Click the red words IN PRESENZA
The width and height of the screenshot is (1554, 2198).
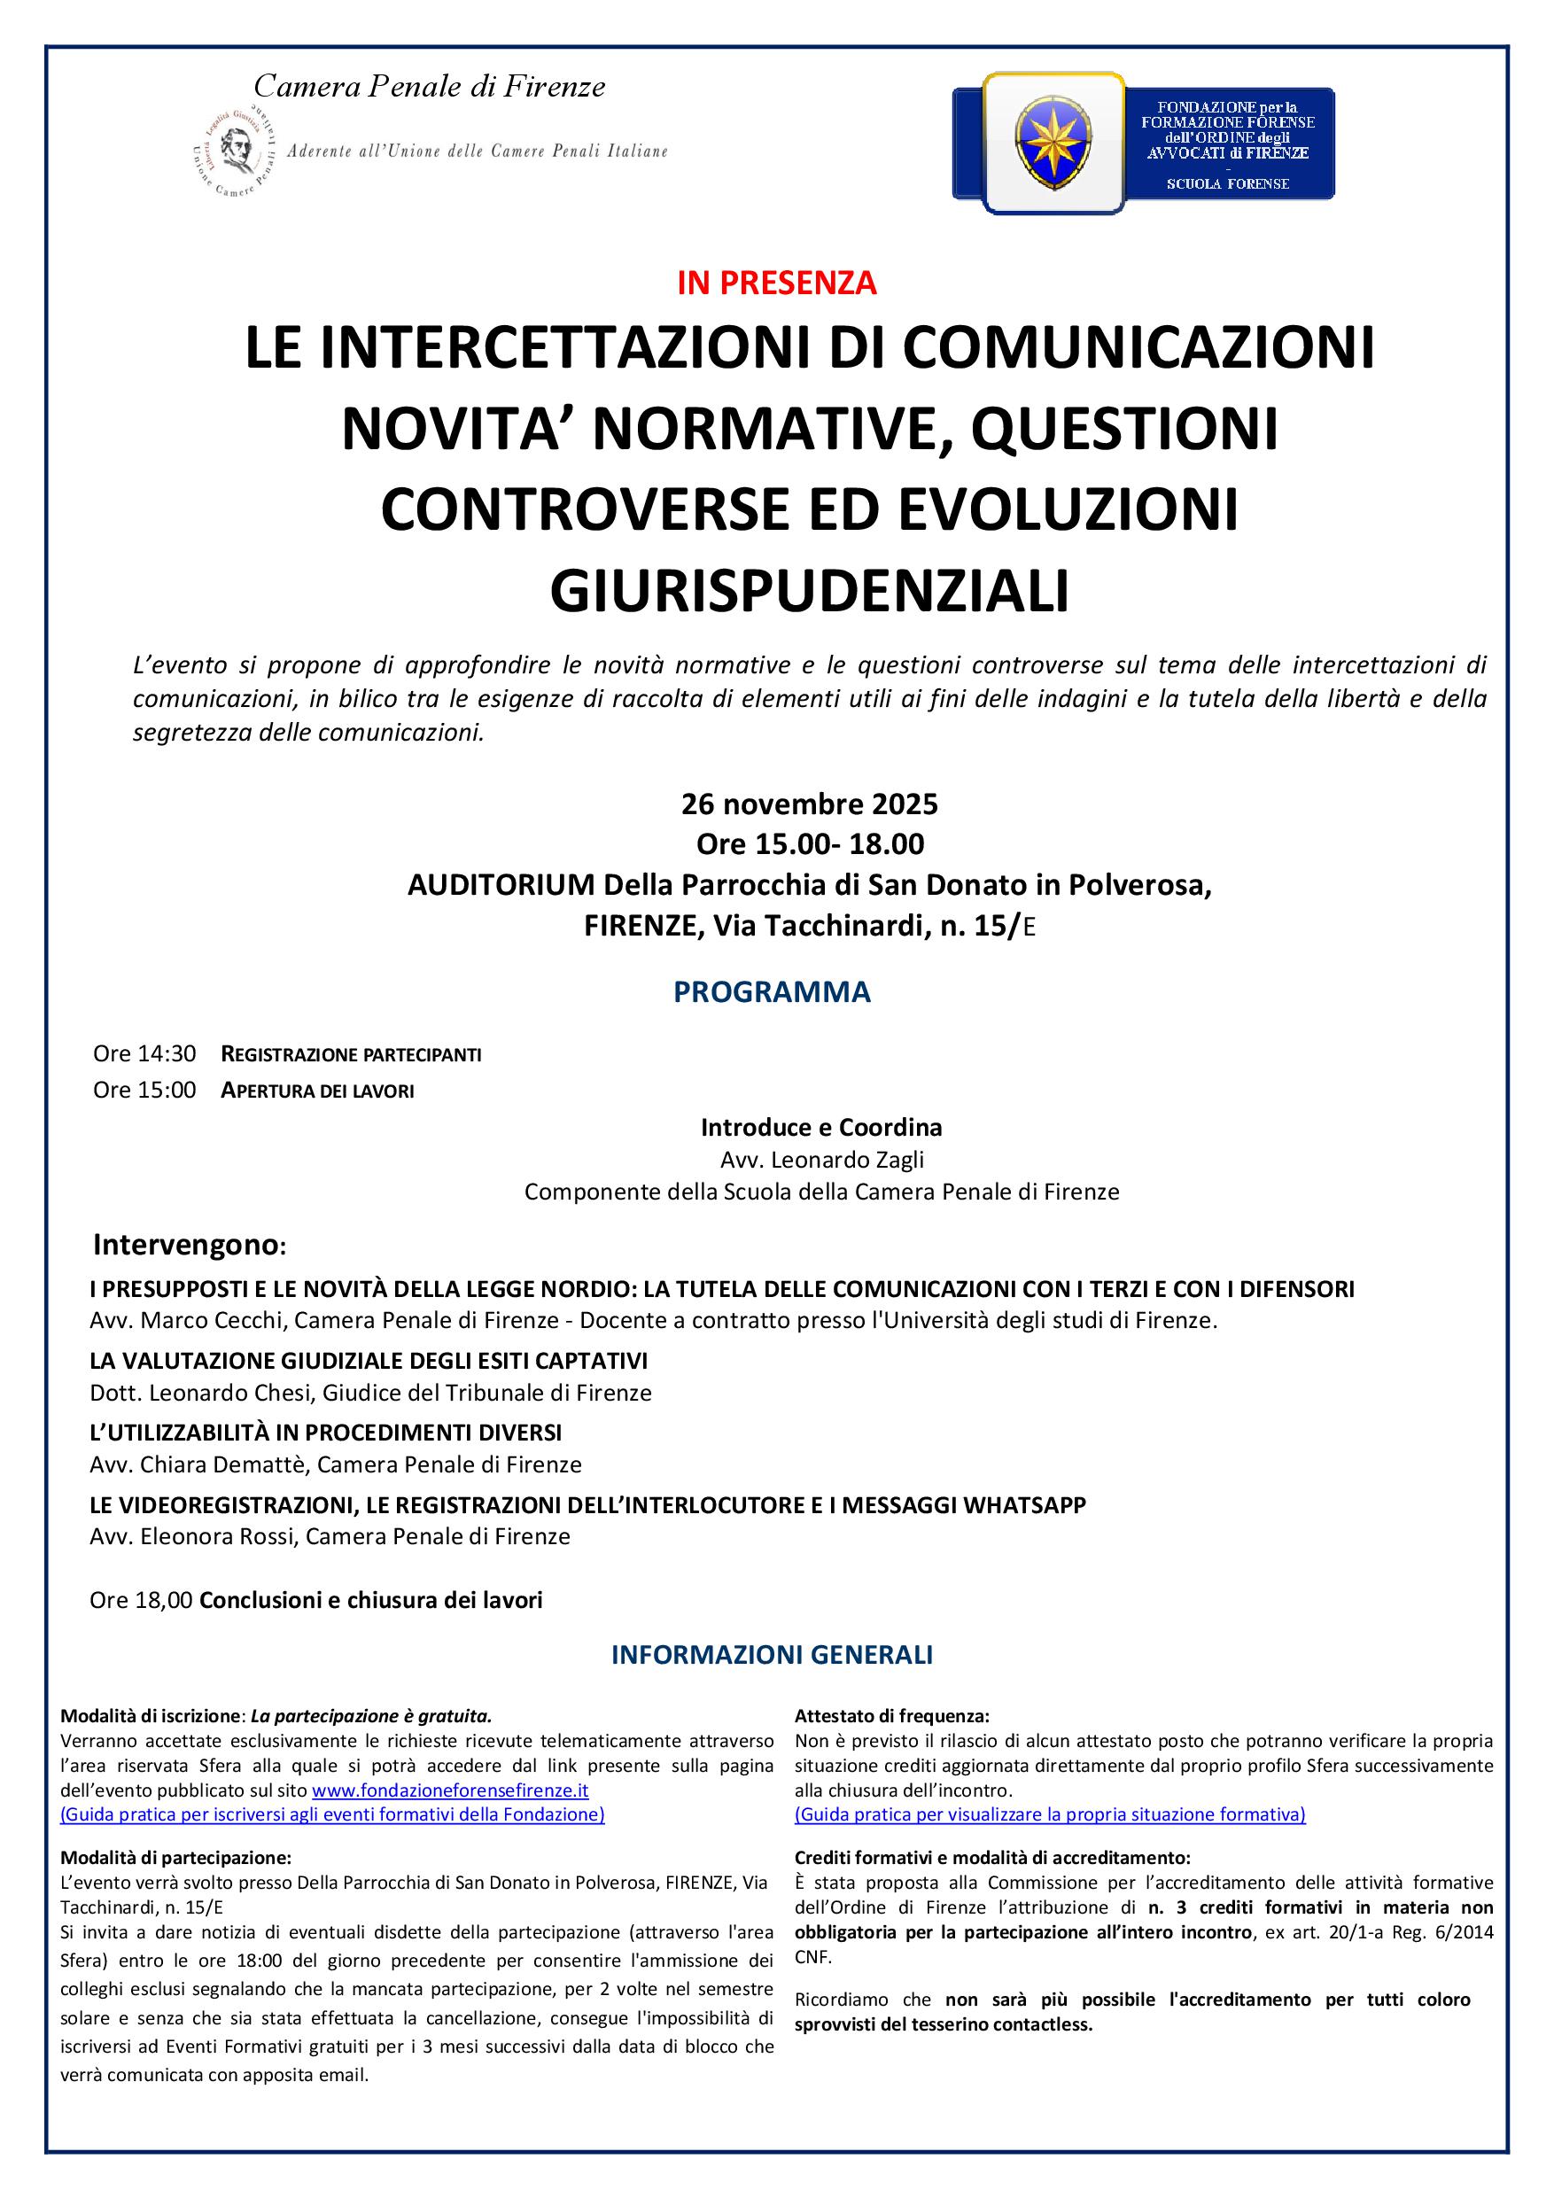(776, 283)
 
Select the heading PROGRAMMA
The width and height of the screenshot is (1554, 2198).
(772, 991)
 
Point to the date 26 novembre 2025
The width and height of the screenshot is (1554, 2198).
(809, 804)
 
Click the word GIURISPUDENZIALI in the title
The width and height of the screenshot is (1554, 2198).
(809, 591)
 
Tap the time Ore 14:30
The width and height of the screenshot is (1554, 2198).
(144, 1054)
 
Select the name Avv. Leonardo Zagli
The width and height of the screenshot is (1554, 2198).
(821, 1160)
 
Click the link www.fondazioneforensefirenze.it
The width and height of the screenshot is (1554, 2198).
(450, 1790)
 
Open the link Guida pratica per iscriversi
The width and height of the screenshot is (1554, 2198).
(332, 1814)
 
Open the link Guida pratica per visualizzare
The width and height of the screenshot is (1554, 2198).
(1049, 1814)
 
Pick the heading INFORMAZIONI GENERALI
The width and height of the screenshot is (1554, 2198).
(772, 1655)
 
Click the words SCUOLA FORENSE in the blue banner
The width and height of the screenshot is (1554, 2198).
(1227, 183)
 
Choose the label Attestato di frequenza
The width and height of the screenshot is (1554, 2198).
(891, 1716)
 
